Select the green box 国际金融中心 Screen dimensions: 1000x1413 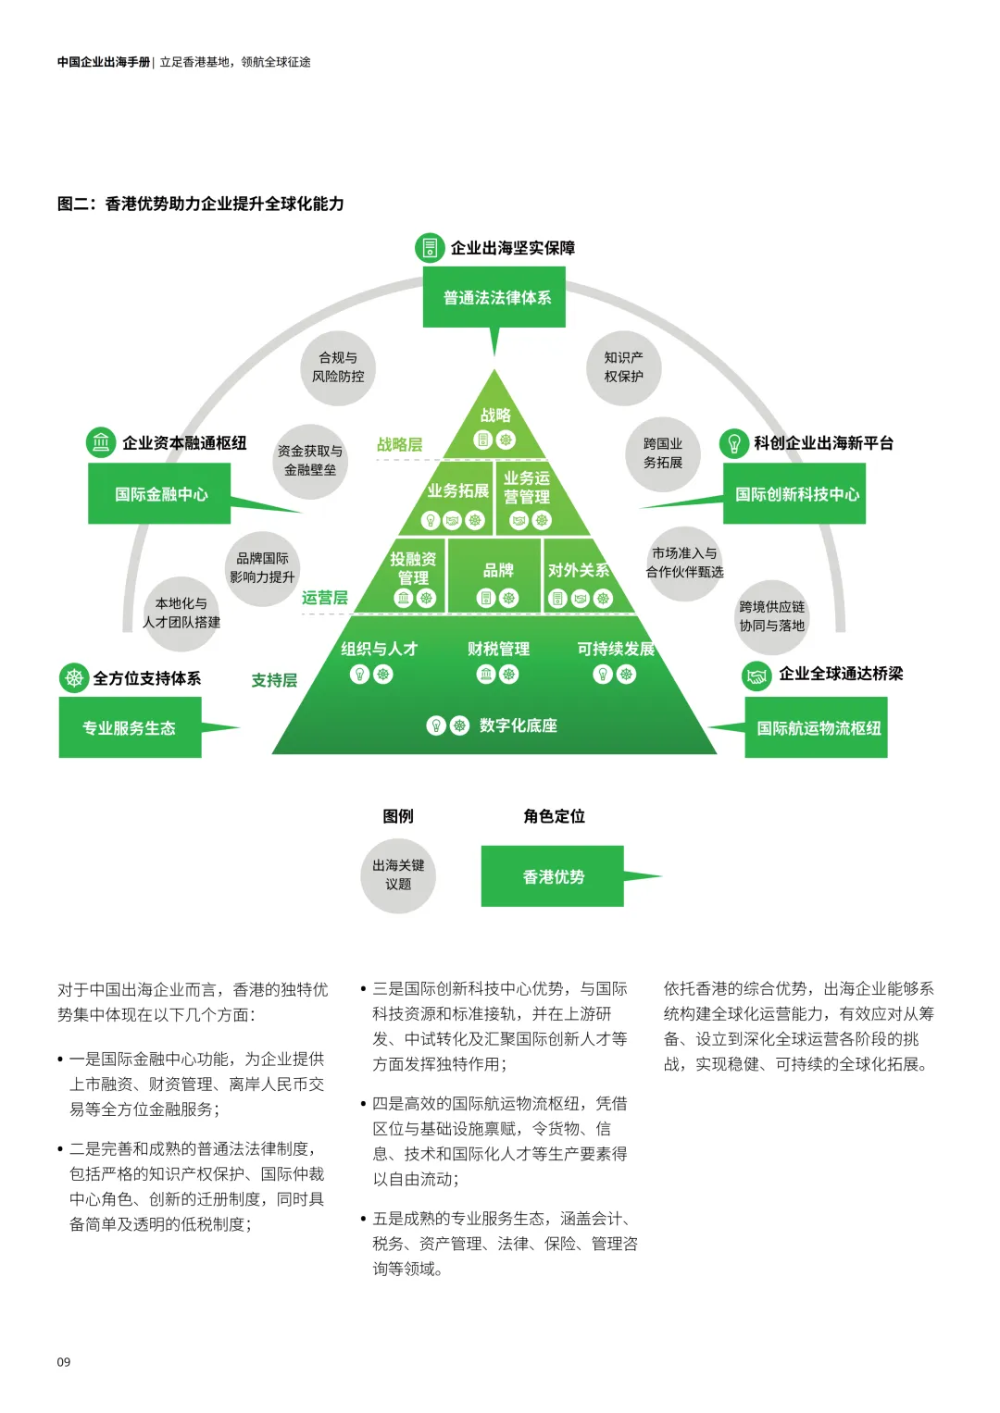(159, 494)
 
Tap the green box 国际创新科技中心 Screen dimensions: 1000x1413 (794, 494)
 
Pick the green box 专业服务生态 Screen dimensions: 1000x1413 (130, 728)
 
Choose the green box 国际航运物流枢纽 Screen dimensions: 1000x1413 (817, 728)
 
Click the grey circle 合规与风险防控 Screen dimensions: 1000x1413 (338, 367)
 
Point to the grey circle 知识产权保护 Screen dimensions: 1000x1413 (623, 367)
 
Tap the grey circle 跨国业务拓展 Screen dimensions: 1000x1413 (663, 453)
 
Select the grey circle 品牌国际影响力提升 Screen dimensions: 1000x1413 (263, 568)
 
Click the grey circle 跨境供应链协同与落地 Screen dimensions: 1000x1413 (772, 616)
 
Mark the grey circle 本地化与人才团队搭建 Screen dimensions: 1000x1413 (181, 613)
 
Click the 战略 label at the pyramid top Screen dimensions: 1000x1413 (495, 415)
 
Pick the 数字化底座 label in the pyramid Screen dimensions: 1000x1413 (518, 725)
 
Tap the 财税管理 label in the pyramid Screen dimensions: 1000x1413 (498, 650)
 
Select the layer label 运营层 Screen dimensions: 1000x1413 (324, 598)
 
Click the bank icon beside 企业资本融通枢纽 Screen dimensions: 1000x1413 (101, 442)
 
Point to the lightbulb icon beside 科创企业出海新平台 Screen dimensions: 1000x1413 (734, 443)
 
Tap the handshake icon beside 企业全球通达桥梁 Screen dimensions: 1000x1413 (757, 676)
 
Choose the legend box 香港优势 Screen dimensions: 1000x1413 (553, 876)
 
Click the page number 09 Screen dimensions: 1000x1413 (64, 1362)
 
